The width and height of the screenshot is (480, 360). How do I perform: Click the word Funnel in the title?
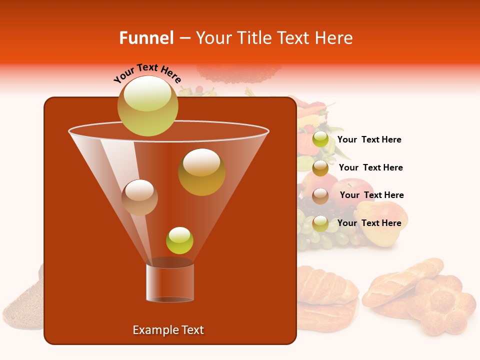(146, 38)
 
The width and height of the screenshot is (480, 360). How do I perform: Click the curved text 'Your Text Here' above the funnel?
(147, 73)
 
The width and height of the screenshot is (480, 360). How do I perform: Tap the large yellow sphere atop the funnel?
(147, 105)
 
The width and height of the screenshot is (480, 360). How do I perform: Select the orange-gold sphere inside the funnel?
(201, 172)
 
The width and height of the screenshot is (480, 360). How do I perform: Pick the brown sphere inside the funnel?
(139, 197)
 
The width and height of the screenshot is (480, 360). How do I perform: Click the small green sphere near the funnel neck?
(179, 240)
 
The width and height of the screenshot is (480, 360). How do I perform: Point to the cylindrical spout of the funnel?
(170, 282)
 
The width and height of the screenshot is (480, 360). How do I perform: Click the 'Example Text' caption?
(168, 330)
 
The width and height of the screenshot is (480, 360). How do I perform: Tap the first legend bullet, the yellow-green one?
(320, 139)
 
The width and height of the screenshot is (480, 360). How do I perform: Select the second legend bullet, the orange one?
(320, 167)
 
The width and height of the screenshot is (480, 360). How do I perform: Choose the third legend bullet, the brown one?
(320, 195)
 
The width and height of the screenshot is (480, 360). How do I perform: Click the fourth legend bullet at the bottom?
(320, 223)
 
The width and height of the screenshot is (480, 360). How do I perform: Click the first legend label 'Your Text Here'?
(369, 140)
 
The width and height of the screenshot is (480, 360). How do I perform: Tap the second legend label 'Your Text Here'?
(370, 167)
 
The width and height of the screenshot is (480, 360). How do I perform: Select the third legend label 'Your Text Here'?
(371, 195)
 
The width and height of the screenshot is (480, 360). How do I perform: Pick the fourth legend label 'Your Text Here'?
(369, 223)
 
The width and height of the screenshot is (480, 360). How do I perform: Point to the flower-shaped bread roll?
(442, 305)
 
